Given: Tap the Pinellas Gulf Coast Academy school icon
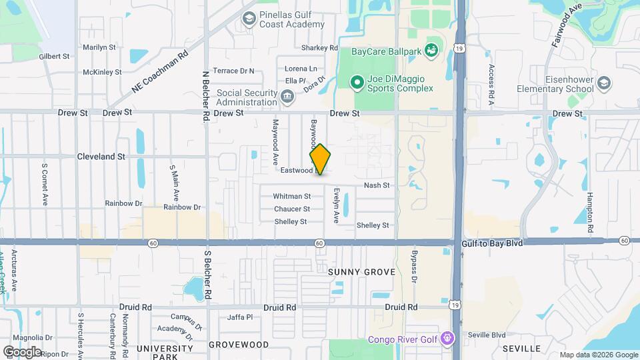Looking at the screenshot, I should click(x=249, y=18).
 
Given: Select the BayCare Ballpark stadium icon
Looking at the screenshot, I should click(x=431, y=49).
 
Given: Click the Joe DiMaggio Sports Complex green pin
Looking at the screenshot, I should click(x=357, y=83).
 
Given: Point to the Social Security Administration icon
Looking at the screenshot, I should click(x=287, y=98).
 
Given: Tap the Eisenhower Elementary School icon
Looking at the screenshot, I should click(x=604, y=83).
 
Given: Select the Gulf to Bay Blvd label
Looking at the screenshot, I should click(x=492, y=243).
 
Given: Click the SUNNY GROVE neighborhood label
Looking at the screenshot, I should click(x=361, y=272).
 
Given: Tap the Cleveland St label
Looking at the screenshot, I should click(x=101, y=157).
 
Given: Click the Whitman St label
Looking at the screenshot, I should click(x=292, y=197).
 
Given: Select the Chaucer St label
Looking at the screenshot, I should click(x=292, y=209).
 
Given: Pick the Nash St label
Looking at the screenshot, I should click(x=376, y=185).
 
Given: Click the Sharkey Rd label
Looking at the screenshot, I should click(x=320, y=48).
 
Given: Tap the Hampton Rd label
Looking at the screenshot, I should click(x=590, y=209).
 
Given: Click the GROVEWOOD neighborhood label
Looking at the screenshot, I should click(x=239, y=345).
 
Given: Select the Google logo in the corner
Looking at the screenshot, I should click(x=21, y=351).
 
